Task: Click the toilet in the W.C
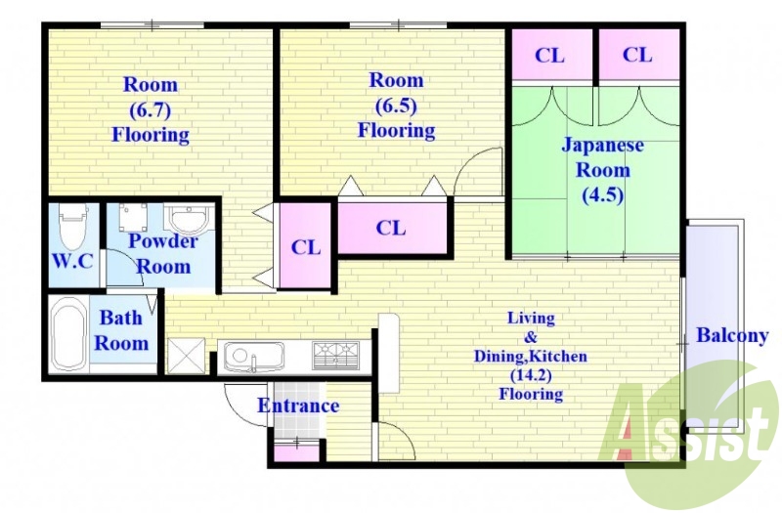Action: click(72, 226)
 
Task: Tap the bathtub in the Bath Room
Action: click(68, 333)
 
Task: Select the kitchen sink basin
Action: click(253, 356)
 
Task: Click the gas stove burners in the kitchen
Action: click(335, 355)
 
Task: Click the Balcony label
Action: click(731, 335)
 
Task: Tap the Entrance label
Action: click(298, 406)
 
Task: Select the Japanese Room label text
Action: click(602, 157)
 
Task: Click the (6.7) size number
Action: click(150, 109)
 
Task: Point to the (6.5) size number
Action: click(396, 106)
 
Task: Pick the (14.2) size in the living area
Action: click(531, 375)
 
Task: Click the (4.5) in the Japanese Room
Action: click(602, 194)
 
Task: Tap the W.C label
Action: click(72, 261)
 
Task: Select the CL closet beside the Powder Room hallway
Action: click(305, 246)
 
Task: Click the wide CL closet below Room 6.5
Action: click(393, 228)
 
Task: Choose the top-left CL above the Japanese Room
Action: click(550, 55)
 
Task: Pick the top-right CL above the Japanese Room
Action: click(638, 55)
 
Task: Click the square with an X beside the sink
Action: click(186, 356)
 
